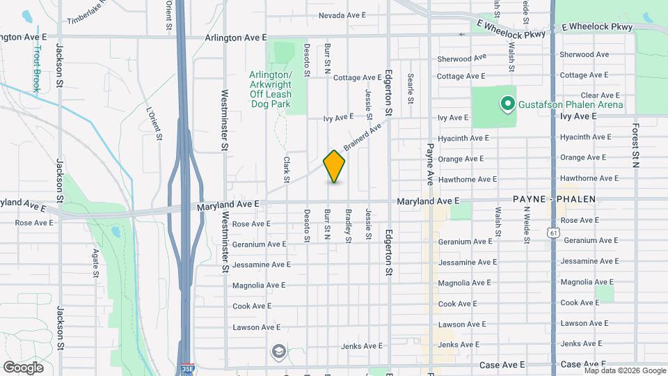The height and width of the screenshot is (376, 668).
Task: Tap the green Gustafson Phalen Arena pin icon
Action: tap(507, 105)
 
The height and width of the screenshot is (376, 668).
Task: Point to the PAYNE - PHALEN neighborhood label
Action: tap(554, 199)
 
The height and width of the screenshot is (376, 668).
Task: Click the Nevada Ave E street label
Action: tap(342, 15)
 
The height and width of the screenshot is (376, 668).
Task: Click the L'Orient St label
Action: tap(154, 123)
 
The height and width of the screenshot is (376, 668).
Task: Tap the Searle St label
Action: tap(411, 88)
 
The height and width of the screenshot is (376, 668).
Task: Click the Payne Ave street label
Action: tap(430, 164)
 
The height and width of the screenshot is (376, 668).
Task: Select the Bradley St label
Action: tap(348, 225)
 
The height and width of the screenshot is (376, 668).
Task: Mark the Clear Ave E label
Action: tap(599, 95)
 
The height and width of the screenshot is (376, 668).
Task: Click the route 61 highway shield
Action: tap(552, 230)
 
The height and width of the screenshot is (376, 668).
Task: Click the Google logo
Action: tap(23, 367)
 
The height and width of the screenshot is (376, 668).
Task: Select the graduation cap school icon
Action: tap(279, 351)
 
